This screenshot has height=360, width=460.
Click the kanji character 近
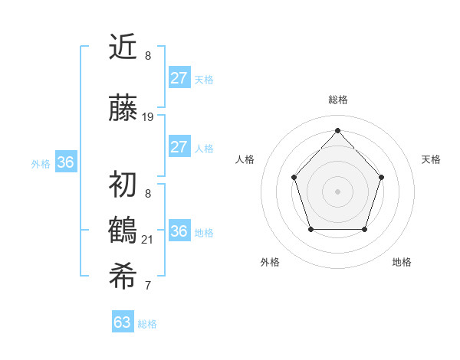tap(123, 47)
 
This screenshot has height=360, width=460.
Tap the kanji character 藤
tap(123, 109)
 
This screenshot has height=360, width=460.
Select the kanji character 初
tap(123, 185)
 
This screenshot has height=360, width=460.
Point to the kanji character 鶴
tap(123, 231)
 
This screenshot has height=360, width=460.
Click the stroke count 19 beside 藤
tap(148, 117)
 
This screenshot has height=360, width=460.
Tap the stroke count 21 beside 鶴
tap(148, 240)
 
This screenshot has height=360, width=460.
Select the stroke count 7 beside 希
tap(148, 286)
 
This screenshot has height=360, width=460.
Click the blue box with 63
tap(122, 322)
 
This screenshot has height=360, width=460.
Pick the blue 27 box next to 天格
tap(179, 77)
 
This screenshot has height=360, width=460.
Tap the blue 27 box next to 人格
tap(179, 147)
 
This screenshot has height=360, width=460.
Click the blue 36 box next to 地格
tap(179, 231)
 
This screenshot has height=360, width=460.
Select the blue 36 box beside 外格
tap(65, 162)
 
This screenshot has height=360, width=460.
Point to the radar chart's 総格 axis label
tap(337, 100)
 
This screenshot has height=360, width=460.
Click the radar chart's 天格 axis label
tap(431, 159)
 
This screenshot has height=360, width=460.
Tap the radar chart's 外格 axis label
tap(270, 262)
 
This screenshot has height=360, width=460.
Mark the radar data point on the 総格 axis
tap(337, 130)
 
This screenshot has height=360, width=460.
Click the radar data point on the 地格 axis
tap(364, 229)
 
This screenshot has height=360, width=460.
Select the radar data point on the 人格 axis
tap(294, 177)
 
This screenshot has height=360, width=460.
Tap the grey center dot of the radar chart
tap(337, 191)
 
